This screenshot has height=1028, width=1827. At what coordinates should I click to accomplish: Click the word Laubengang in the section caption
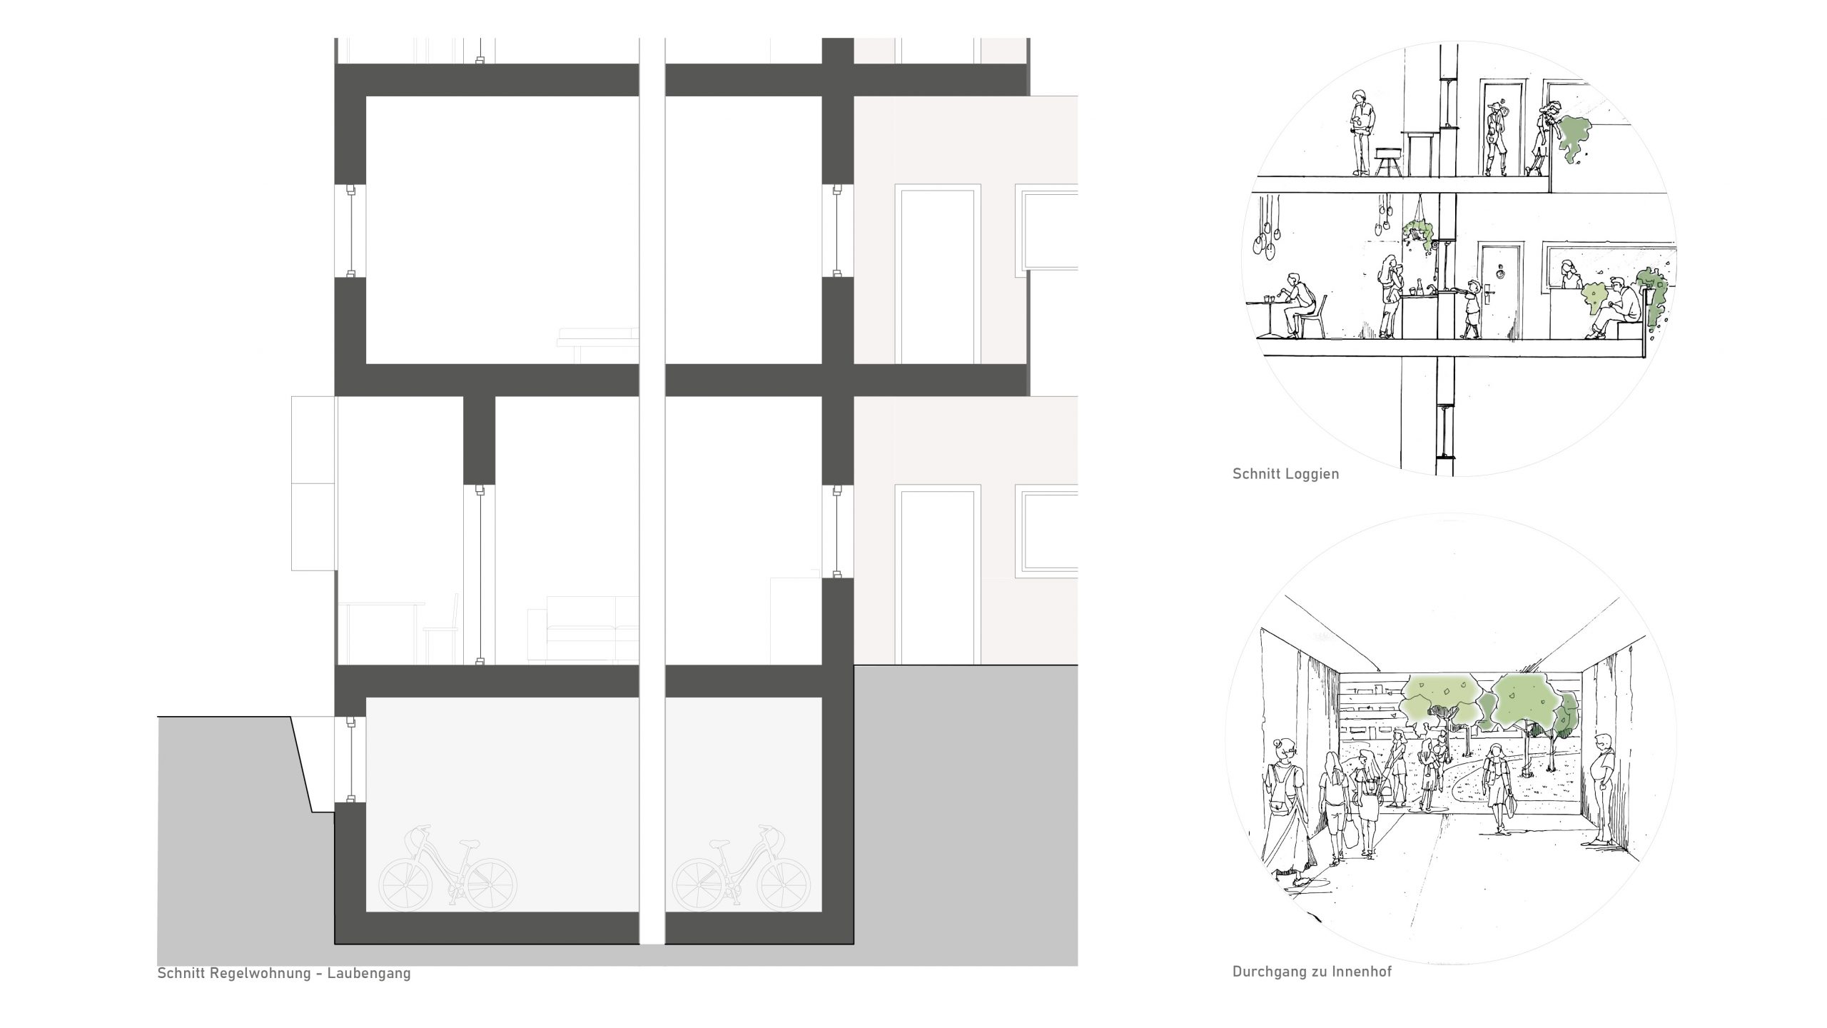click(369, 973)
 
